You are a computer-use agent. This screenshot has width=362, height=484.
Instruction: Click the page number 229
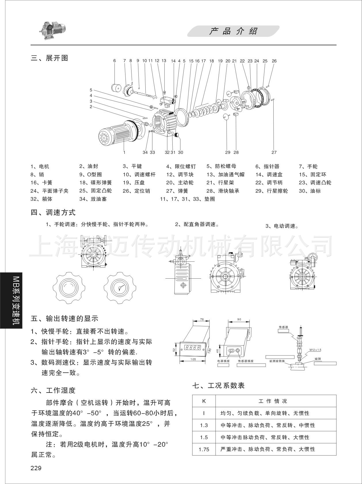[36, 468]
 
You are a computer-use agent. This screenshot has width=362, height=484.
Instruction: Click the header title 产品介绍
[233, 31]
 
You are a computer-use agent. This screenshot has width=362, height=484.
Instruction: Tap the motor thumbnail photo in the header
[52, 30]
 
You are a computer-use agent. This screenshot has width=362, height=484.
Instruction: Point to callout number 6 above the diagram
[115, 61]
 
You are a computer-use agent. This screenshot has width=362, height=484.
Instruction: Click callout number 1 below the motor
[124, 152]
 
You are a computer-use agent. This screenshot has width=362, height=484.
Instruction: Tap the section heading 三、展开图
[49, 58]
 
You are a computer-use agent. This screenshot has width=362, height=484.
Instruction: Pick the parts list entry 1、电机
[40, 167]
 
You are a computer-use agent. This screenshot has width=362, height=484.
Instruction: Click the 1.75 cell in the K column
[204, 449]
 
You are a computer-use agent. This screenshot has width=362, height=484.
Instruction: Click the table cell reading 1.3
[204, 425]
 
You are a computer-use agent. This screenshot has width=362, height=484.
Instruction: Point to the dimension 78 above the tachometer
[202, 320]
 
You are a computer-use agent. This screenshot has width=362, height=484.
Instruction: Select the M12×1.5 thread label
[315, 350]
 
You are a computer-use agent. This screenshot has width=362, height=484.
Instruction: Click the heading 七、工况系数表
[218, 385]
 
